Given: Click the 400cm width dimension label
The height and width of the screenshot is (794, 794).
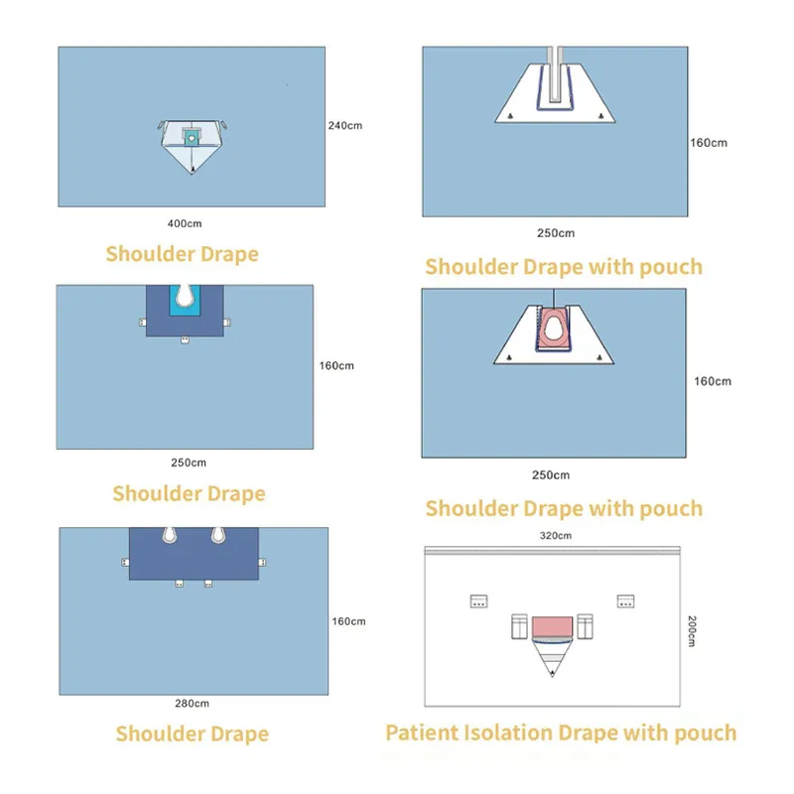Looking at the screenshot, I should coord(185,224).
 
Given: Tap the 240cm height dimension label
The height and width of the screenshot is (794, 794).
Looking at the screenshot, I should coord(344,126).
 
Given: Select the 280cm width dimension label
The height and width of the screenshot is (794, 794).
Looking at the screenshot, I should coord(192,704).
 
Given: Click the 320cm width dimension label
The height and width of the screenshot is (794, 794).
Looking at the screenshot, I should coord(555,536).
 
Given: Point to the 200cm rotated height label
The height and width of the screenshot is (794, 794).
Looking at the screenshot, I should coord(692,631).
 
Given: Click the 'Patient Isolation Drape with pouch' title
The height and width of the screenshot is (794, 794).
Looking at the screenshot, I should coord(561,733).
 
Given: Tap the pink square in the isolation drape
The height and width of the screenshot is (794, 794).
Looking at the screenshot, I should coord(553,627).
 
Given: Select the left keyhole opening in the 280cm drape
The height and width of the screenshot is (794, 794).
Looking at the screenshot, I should coord(170,536).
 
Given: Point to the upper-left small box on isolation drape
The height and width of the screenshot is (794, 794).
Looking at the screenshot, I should coord(480,601).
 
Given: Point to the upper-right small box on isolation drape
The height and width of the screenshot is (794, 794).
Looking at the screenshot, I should coord(625,601).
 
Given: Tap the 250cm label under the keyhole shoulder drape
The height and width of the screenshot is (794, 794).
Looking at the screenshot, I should coord(189,463).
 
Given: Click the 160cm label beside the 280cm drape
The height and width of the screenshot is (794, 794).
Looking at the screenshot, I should coord(348,621).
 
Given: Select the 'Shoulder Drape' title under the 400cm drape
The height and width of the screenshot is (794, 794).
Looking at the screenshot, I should coord(182,254).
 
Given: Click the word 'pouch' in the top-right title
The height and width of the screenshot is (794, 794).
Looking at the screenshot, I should coord(669,267).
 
